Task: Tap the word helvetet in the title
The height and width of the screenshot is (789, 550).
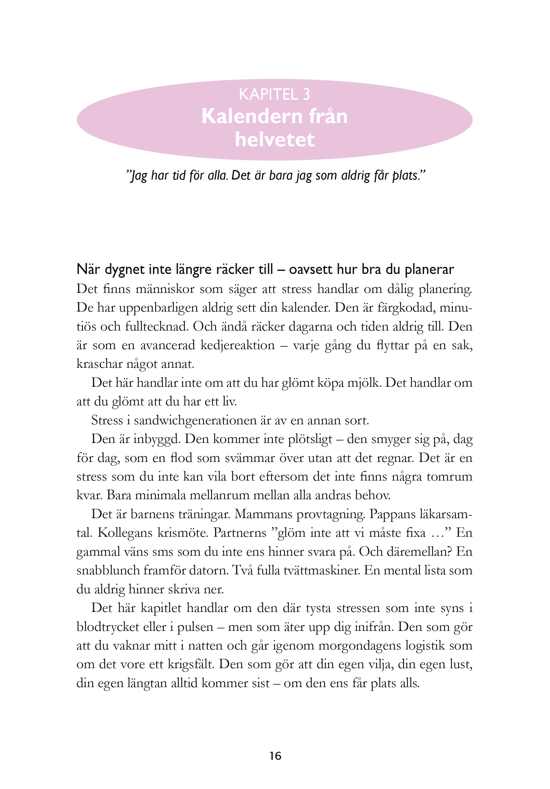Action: click(275, 139)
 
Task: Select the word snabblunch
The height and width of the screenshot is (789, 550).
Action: click(108, 570)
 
